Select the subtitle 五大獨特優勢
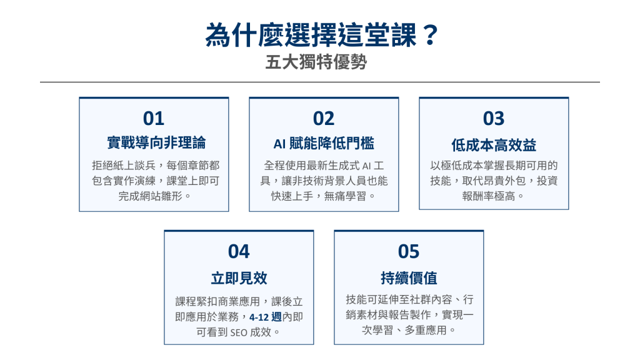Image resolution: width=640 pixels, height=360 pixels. (316, 62)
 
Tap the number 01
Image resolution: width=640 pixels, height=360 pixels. (154, 118)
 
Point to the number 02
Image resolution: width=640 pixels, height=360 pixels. (324, 118)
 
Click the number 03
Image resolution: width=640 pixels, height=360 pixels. (494, 118)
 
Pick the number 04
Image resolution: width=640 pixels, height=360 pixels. (239, 251)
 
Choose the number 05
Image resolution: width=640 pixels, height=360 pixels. (409, 251)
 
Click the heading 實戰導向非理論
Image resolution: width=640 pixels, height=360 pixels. (156, 143)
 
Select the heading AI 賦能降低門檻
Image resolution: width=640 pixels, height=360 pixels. (324, 144)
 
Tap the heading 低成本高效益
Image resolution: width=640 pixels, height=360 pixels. (494, 145)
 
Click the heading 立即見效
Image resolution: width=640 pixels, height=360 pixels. (239, 278)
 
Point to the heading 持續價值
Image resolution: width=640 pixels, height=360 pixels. (409, 278)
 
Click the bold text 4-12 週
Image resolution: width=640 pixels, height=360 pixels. (265, 317)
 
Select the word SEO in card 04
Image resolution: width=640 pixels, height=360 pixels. (239, 332)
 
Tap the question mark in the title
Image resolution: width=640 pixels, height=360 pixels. (429, 35)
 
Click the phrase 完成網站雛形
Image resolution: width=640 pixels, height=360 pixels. (150, 196)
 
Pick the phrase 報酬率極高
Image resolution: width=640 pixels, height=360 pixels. (489, 196)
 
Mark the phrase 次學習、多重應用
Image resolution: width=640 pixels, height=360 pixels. (404, 330)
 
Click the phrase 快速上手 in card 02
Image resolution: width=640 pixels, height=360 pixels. (292, 196)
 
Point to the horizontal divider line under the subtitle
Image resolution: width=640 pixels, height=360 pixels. (320, 82)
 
